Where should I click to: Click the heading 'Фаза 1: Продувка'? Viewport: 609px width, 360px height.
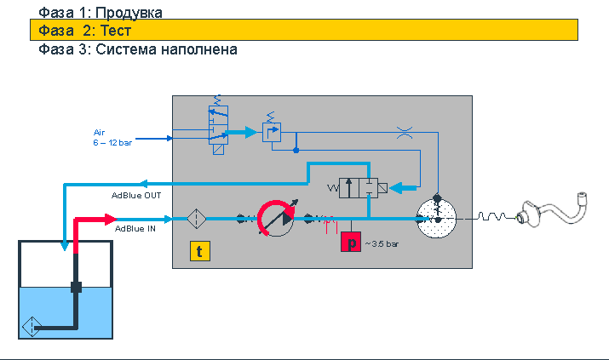pos(101,13)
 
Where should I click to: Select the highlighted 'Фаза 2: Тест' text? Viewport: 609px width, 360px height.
pos(84,31)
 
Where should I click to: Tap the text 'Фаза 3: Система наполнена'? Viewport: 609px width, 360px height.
pos(138,49)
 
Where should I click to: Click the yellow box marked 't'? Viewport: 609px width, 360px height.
pos(200,251)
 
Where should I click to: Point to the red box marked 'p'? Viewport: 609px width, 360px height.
pos(351,242)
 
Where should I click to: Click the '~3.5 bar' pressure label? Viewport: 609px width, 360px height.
pos(382,244)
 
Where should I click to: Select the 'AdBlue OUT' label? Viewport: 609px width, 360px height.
pos(136,196)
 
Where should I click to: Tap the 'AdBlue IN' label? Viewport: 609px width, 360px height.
pos(135,229)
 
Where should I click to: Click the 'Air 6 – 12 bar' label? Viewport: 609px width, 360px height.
pos(112,138)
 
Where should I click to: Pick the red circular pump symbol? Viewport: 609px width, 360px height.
pos(276,219)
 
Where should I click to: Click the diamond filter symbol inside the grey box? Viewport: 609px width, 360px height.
pos(197,219)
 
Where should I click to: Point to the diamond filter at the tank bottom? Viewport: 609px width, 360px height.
pos(32,327)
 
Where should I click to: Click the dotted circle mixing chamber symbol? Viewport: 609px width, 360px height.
pos(437,219)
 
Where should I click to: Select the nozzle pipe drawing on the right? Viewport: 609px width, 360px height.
pos(552,210)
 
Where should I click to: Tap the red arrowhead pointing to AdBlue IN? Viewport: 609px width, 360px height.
pos(111,220)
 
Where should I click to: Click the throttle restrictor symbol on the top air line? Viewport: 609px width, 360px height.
pos(405,133)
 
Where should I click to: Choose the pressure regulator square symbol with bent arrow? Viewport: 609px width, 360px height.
pos(272,132)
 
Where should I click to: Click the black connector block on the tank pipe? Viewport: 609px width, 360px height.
pos(76,288)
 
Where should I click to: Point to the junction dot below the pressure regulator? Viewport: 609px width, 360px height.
pos(296,150)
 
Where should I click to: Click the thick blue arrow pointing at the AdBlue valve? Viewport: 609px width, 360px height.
pos(403,188)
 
